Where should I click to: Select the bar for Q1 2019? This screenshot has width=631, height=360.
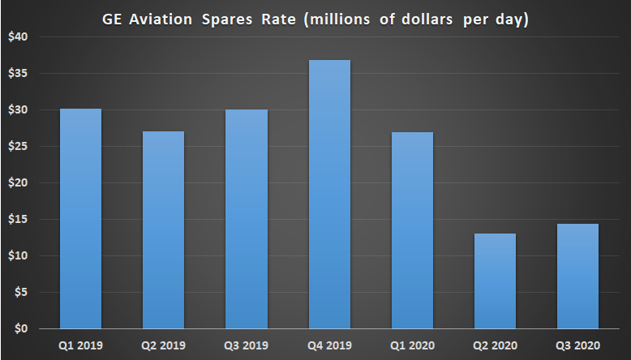click(80, 219)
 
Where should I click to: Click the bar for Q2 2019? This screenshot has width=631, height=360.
click(163, 230)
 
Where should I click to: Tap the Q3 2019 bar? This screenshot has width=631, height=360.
click(246, 219)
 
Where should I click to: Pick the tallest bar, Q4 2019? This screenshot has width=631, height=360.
click(329, 195)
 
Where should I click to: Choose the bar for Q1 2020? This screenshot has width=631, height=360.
click(412, 230)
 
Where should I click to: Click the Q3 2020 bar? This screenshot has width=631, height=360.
click(577, 276)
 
